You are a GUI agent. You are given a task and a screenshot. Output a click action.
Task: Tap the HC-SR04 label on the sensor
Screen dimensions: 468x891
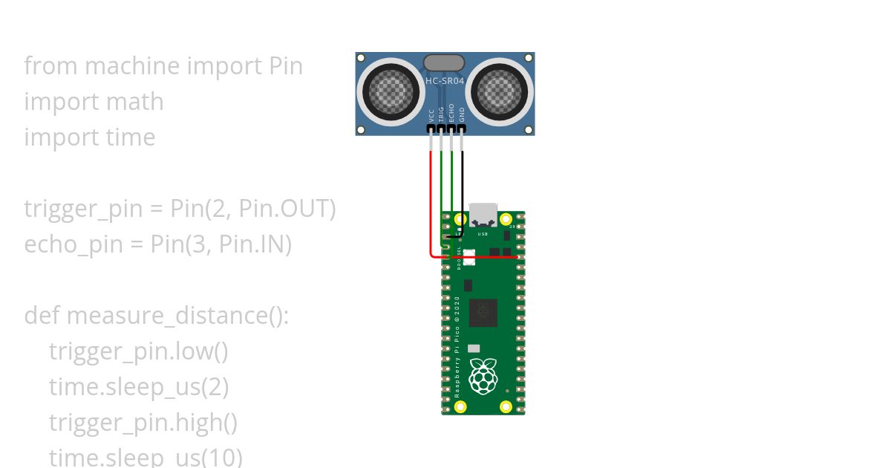tap(444, 80)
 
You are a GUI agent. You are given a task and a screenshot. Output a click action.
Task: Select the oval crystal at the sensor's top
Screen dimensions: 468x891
tap(444, 63)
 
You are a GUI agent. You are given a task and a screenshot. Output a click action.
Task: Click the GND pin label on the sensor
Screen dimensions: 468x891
tap(462, 114)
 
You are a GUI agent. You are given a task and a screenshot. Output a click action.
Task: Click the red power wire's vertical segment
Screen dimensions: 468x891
tap(431, 201)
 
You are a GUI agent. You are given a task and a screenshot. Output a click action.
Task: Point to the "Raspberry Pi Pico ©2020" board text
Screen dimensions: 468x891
tap(457, 345)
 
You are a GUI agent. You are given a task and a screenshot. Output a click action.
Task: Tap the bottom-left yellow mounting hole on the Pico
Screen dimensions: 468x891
tap(461, 406)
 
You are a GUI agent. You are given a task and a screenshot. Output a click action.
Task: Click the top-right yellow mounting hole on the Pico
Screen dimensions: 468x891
tap(506, 219)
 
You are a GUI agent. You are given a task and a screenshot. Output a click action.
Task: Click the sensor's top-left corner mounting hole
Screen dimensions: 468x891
tap(362, 58)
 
